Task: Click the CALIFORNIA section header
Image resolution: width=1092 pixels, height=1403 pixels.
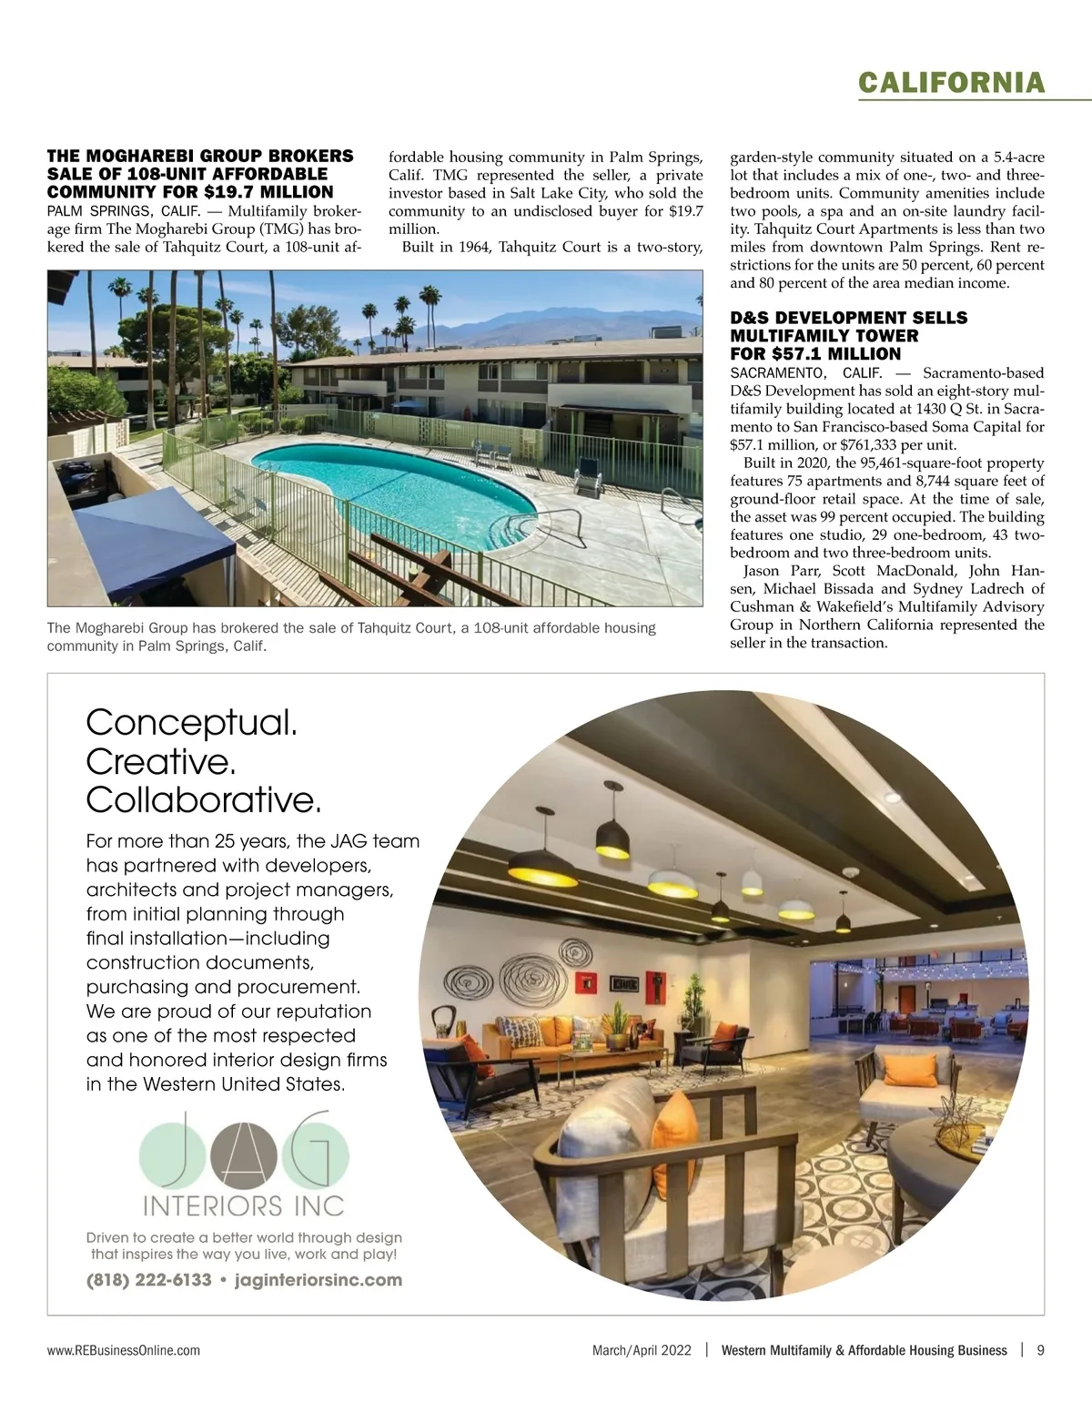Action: [x=951, y=83]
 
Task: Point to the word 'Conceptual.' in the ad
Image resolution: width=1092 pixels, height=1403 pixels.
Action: [x=191, y=723]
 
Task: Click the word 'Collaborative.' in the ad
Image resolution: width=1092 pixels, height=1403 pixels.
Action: [x=204, y=799]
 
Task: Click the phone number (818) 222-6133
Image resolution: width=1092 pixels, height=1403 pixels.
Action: [x=148, y=1280]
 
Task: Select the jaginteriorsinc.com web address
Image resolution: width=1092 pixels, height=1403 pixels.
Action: [x=318, y=1280]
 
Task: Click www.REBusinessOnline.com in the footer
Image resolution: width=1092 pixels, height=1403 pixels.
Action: [x=124, y=1350]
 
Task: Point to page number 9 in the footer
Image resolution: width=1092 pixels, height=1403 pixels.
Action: [x=1040, y=1350]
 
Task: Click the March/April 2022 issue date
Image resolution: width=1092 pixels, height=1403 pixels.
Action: [x=642, y=1350]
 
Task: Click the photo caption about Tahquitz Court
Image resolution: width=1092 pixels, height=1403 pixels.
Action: [x=351, y=636]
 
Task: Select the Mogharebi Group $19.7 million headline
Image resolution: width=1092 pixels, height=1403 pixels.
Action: [x=200, y=174]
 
